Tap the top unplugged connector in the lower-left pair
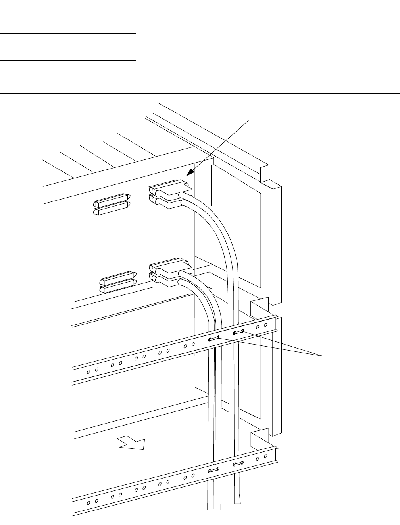(117, 277)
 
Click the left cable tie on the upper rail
(214, 339)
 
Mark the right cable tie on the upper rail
(238, 332)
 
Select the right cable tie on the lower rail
(238, 463)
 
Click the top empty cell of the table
(68, 41)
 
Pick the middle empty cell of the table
(68, 54)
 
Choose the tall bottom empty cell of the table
(68, 72)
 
